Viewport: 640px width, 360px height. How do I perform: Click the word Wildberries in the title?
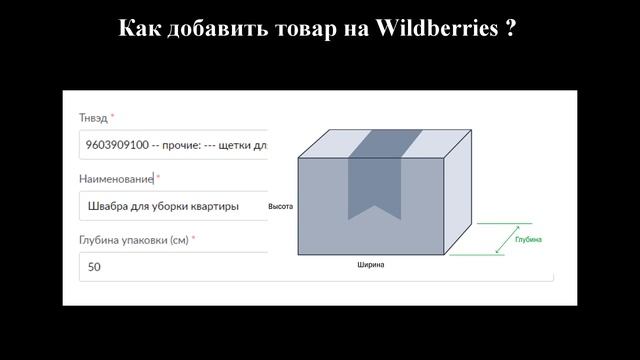(436, 28)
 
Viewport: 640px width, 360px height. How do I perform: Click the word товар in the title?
(300, 28)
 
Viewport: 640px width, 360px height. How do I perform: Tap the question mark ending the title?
(510, 28)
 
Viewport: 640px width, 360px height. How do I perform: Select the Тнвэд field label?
(93, 118)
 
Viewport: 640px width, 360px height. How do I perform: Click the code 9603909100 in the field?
(115, 145)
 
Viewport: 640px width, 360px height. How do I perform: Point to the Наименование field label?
(116, 179)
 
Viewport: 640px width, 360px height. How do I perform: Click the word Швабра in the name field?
(109, 206)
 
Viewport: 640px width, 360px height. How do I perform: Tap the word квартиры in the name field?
(211, 206)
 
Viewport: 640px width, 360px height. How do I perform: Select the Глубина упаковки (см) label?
(134, 240)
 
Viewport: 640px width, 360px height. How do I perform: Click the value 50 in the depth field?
(94, 267)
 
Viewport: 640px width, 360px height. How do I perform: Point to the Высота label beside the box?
(280, 206)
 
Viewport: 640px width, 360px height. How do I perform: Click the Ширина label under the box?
(370, 265)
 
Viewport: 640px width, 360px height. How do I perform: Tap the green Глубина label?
(528, 240)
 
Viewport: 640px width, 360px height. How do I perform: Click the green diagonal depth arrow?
(499, 239)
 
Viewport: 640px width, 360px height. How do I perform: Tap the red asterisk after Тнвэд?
(113, 117)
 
